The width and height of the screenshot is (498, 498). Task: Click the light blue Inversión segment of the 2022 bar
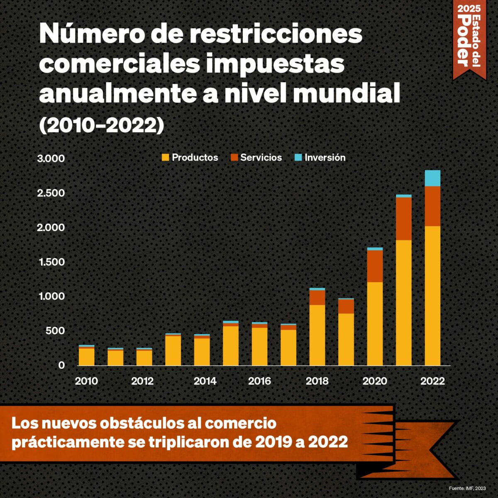point(432,178)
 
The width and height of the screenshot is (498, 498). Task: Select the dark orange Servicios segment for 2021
point(404,218)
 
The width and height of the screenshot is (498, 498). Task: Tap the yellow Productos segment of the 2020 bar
point(375,324)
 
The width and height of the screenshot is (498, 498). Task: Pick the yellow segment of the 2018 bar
point(317,335)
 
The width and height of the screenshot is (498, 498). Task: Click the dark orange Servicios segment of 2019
point(346,306)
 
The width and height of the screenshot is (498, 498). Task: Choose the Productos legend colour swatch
point(166,158)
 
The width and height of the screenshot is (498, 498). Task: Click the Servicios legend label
point(261,158)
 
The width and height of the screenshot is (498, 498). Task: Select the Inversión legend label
point(325,158)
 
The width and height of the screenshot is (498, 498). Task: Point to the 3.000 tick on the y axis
point(51,159)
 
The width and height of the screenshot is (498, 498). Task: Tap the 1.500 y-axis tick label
point(51,262)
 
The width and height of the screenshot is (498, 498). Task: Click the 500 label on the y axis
point(55,331)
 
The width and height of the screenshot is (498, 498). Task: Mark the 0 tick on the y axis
point(62,365)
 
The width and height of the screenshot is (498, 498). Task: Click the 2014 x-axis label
point(205,381)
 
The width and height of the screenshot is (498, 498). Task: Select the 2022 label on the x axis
point(432,381)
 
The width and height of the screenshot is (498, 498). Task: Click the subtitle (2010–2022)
point(102,125)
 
